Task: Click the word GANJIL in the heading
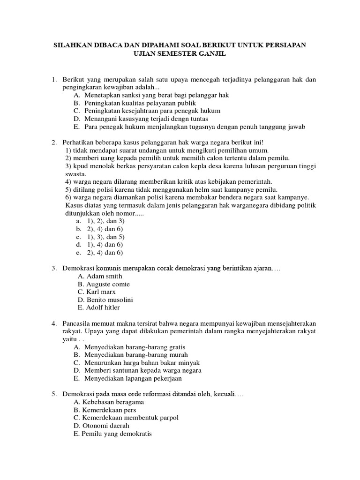pyautogui.click(x=212, y=54)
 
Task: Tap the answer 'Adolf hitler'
pyautogui.click(x=103, y=307)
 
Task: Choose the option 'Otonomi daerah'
pyautogui.click(x=104, y=426)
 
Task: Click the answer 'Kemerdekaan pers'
pyautogui.click(x=109, y=410)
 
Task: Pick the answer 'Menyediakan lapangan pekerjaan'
pyautogui.click(x=133, y=378)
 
